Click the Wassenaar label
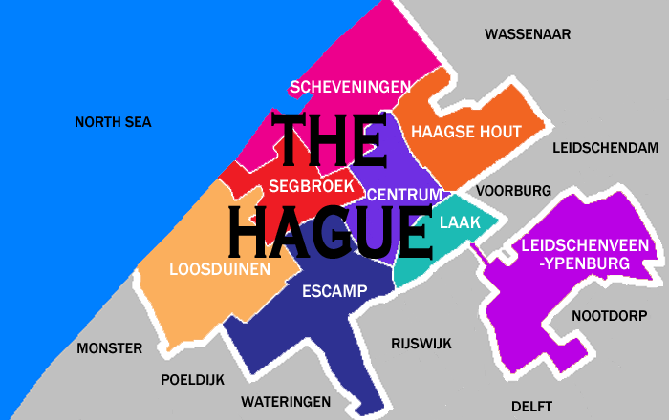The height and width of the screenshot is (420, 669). click(527, 34)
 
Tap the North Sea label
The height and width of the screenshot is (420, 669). click(113, 122)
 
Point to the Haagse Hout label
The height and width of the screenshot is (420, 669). click(465, 133)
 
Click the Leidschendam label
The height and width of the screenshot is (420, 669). click(606, 148)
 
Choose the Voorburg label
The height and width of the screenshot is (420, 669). click(514, 190)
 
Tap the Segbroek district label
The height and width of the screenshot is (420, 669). click(312, 185)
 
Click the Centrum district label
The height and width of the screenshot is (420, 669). click(404, 195)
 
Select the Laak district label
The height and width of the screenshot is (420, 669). click(461, 222)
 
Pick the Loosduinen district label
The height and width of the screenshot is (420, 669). click(219, 269)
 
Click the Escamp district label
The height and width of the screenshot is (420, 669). click(334, 291)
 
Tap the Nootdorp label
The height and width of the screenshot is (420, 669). click(609, 315)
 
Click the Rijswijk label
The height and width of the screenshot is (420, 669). click(421, 344)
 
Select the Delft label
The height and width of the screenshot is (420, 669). click(531, 405)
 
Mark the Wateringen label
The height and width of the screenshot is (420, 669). click(286, 401)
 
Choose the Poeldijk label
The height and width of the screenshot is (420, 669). click(192, 379)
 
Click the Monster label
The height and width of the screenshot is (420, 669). click(109, 348)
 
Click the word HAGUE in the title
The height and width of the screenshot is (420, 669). click(330, 227)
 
